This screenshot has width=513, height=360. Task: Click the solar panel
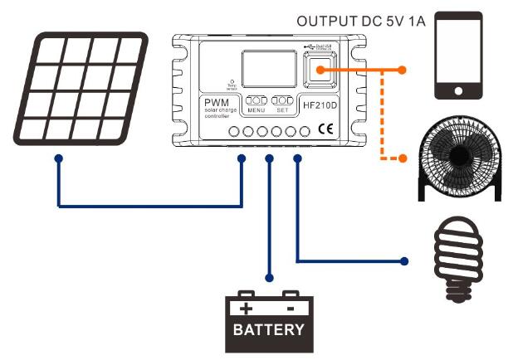click(83, 88)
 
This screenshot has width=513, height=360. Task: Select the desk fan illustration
click(459, 158)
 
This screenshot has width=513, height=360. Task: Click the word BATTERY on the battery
click(268, 329)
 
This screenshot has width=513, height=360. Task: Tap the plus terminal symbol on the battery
click(246, 308)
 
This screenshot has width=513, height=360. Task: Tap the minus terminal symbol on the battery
click(290, 308)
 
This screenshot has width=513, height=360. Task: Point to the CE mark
click(325, 129)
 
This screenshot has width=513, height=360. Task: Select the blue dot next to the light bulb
click(404, 261)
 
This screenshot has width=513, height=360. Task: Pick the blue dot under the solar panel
click(57, 157)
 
